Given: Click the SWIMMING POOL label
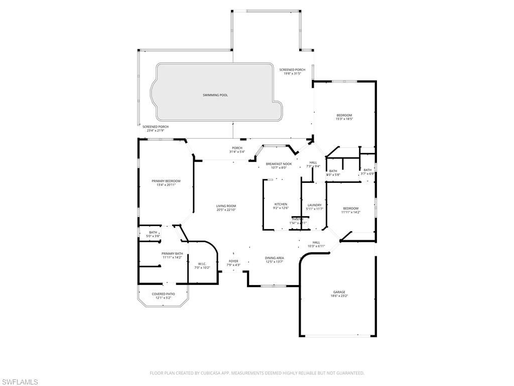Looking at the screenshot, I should tap(215, 95).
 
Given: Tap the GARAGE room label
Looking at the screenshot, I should tap(339, 292).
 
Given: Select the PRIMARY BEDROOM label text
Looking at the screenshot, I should tap(166, 181).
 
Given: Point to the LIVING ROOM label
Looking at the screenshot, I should tap(226, 206).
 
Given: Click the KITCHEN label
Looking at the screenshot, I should tap(281, 204).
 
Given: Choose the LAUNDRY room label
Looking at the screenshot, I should tap(314, 205).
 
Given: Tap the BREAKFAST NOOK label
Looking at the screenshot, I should tap(279, 164).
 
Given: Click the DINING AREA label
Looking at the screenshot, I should tap(275, 258).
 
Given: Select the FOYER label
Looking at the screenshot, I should tap(234, 261).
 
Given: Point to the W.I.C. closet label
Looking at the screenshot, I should tap(202, 263).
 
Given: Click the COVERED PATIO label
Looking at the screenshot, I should tap(164, 294).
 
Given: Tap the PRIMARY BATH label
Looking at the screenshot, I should tap(172, 253).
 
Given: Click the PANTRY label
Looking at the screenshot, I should tap(298, 219).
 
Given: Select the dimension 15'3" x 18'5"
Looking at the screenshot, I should tap(344, 119).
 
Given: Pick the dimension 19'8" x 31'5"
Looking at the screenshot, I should tap(292, 73).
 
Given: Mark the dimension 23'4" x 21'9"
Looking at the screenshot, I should tap(155, 131).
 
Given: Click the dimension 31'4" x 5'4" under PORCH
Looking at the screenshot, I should tap(237, 152).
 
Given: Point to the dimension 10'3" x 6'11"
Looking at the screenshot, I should tap(316, 246).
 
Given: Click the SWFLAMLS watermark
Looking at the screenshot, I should tap(20, 382).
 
